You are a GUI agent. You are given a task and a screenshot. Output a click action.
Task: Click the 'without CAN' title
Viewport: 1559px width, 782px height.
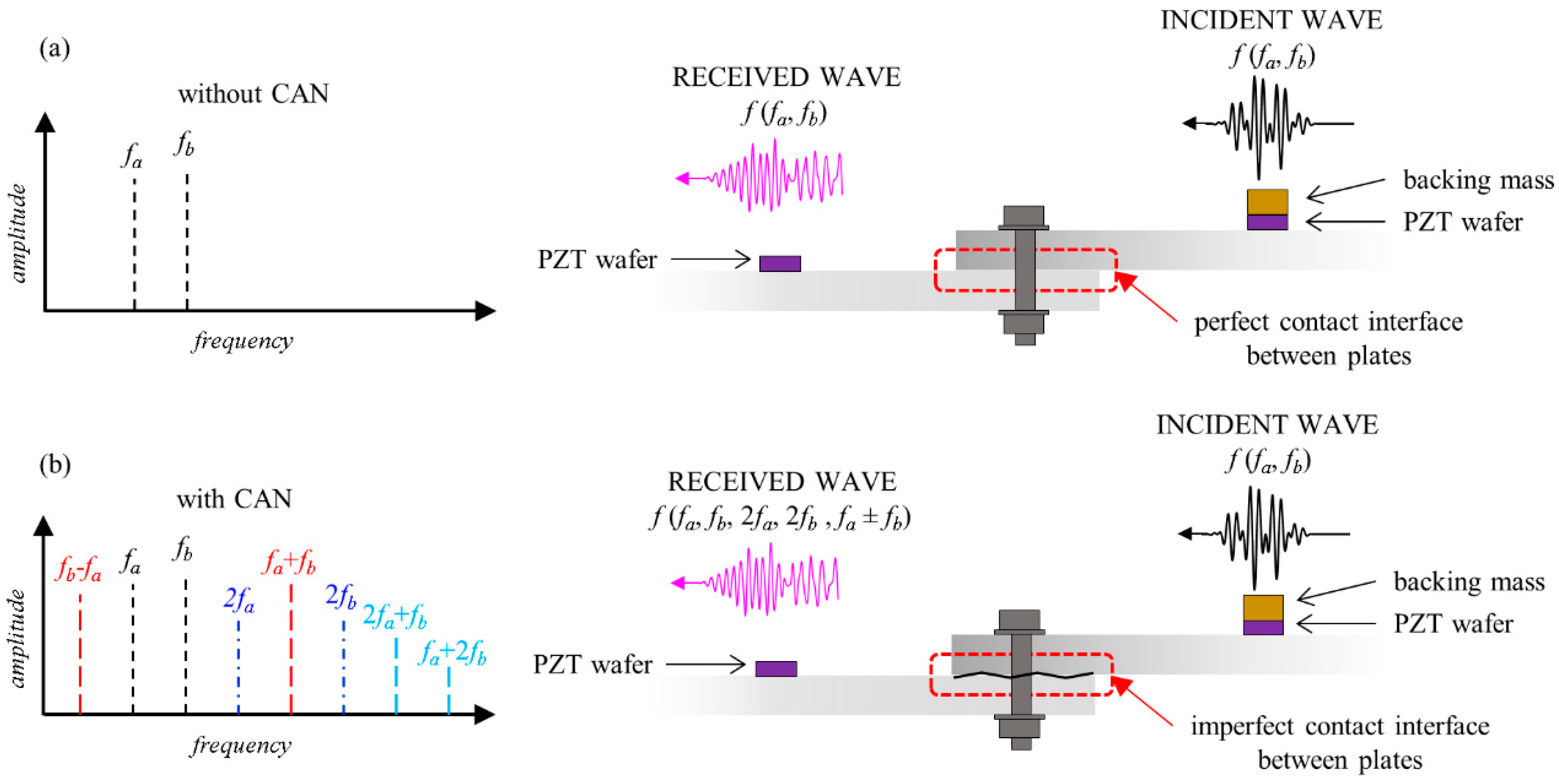point(253,94)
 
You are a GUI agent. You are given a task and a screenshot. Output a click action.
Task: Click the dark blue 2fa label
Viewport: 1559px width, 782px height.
point(238,600)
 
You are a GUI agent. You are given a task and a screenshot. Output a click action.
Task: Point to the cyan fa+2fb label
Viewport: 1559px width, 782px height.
point(452,653)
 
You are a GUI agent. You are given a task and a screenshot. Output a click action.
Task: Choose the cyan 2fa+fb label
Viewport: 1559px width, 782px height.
point(394,616)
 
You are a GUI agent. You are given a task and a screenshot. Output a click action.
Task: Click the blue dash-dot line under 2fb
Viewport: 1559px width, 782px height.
point(344,666)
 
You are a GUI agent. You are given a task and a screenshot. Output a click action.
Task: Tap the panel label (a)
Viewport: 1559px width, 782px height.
point(54,48)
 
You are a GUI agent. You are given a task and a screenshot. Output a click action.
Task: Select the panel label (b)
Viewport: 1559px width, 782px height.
point(54,465)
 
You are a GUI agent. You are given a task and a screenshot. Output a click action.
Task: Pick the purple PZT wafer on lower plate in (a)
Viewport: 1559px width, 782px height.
point(779,263)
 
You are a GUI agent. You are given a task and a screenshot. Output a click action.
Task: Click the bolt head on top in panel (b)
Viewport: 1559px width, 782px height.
point(1019,621)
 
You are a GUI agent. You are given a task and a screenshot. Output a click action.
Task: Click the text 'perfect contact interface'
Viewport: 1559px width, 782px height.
point(1328,322)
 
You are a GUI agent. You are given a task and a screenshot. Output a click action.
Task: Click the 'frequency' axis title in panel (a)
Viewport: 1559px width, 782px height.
point(243,341)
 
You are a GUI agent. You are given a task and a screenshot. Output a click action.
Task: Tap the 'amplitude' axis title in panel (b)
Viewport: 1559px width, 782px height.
point(18,638)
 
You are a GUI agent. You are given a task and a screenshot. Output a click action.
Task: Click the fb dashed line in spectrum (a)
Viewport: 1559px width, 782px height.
point(187,242)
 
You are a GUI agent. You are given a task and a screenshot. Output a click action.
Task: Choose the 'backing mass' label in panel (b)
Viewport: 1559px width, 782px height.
point(1469,581)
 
